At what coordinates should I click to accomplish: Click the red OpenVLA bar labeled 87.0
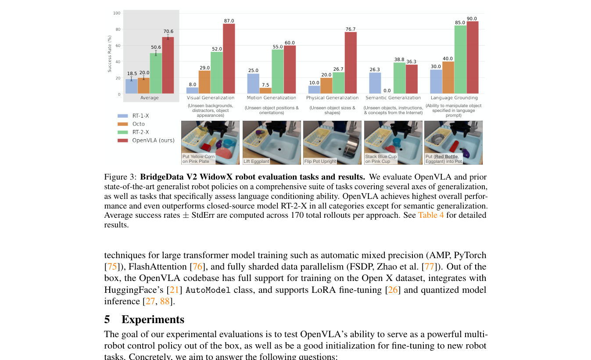point(229,58)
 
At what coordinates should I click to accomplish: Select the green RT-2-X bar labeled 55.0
point(278,72)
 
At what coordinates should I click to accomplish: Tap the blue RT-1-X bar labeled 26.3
point(375,83)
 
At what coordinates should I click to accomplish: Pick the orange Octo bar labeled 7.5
point(265,90)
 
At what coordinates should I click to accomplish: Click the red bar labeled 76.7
point(351,63)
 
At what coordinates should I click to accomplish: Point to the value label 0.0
point(387,90)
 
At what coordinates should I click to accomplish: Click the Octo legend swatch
point(123,124)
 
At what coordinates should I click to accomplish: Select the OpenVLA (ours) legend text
point(153,140)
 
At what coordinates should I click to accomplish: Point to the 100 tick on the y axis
point(117,13)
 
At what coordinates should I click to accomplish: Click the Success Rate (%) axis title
point(110,54)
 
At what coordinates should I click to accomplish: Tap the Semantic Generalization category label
point(393,97)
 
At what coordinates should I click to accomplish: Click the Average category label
point(149,97)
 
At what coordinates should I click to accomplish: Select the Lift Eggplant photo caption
point(256,161)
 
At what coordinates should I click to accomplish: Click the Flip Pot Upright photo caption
point(320,161)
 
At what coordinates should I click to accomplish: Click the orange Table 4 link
point(431,215)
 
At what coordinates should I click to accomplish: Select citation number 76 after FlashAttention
point(197,266)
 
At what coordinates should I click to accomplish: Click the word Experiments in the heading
point(153,319)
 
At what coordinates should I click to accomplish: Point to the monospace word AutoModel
point(208,290)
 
